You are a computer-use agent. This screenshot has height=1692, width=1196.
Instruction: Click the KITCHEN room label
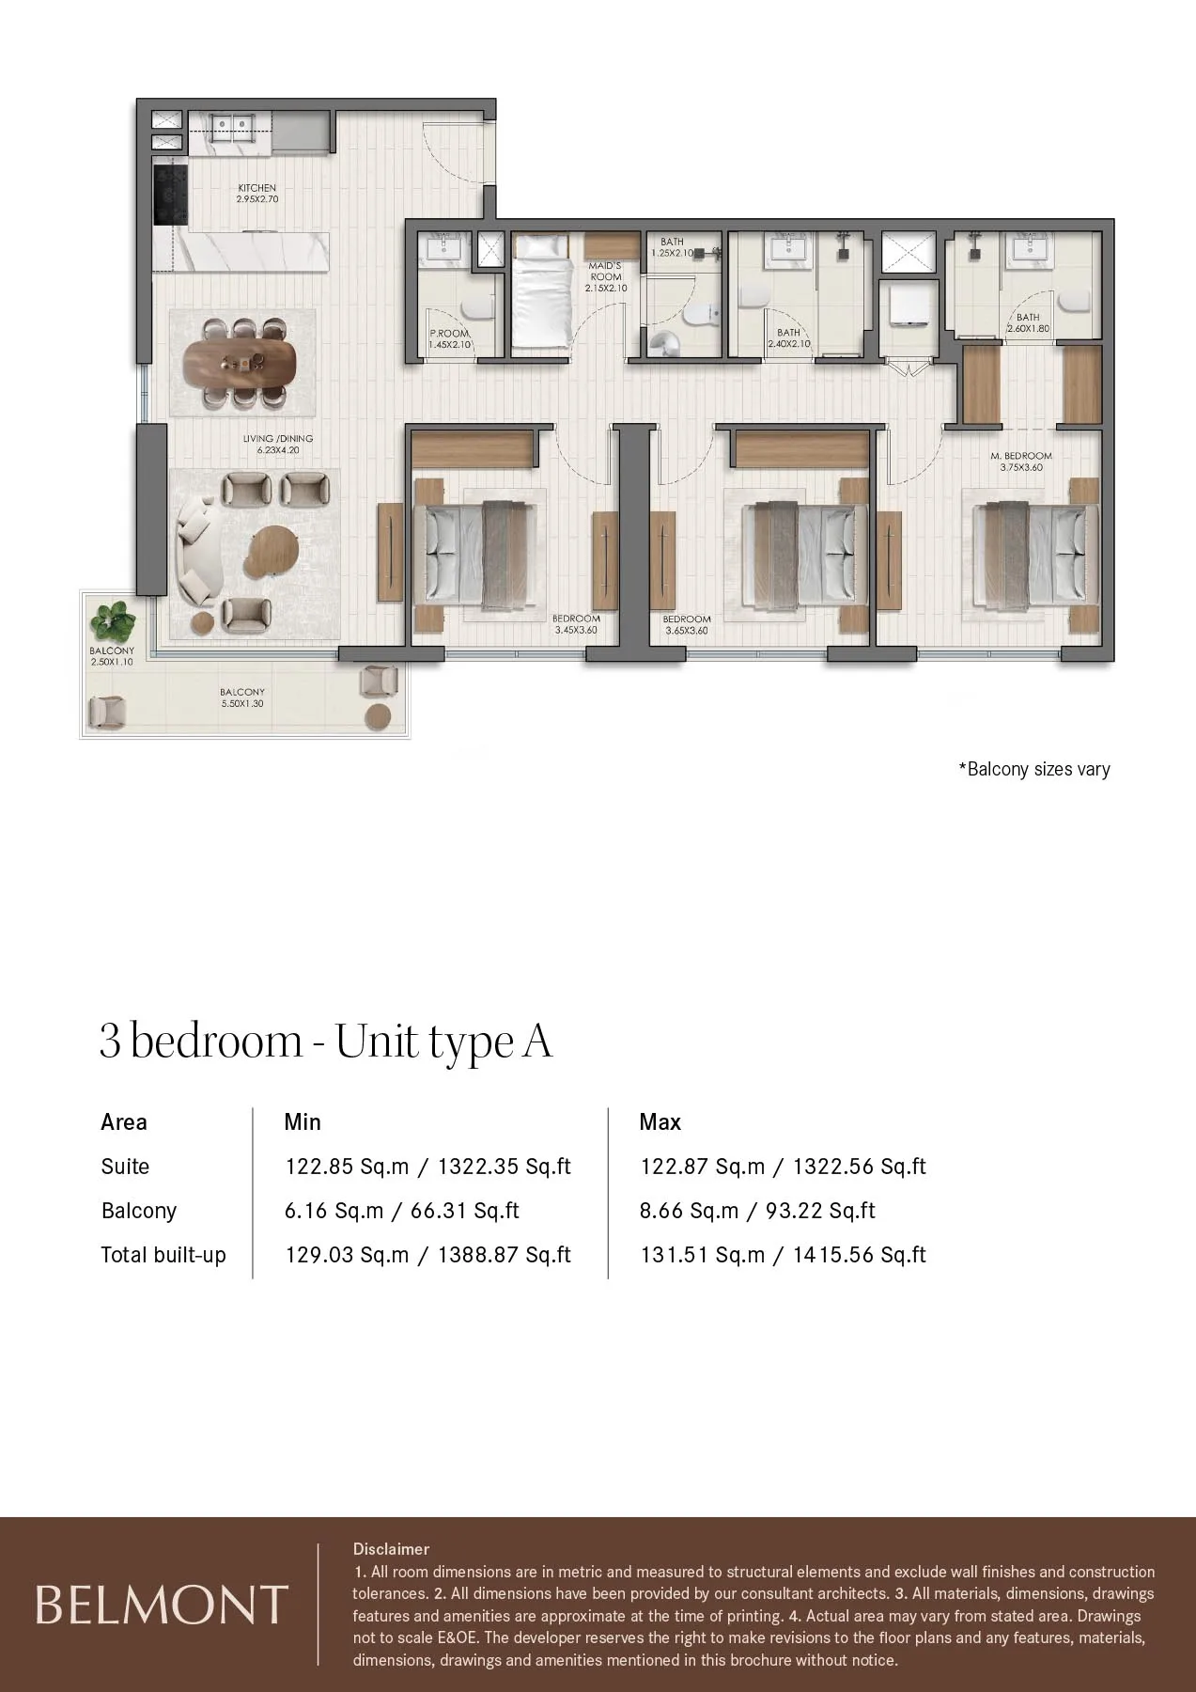256,189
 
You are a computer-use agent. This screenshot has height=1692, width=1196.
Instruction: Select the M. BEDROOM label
1021,456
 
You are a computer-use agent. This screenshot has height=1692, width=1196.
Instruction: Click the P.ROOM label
449,334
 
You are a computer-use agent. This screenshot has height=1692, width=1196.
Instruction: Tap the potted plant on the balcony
113,620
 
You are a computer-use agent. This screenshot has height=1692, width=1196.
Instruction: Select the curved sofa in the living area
196,550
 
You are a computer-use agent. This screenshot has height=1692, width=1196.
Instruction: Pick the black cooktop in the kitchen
171,194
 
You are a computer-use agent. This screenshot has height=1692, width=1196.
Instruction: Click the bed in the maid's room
542,291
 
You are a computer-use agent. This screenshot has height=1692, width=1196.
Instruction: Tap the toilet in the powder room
480,309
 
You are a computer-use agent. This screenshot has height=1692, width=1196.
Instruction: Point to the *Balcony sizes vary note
1033,769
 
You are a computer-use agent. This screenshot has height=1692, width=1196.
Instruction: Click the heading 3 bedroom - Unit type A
326,1042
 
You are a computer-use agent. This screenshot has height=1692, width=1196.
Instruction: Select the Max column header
660,1121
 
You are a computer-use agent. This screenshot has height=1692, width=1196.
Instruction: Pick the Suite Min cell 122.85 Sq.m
348,1167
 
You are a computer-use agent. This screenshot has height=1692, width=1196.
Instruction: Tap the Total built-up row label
163,1255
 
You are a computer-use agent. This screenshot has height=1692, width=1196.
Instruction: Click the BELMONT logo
160,1605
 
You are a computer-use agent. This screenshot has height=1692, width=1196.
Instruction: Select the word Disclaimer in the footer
391,1548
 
